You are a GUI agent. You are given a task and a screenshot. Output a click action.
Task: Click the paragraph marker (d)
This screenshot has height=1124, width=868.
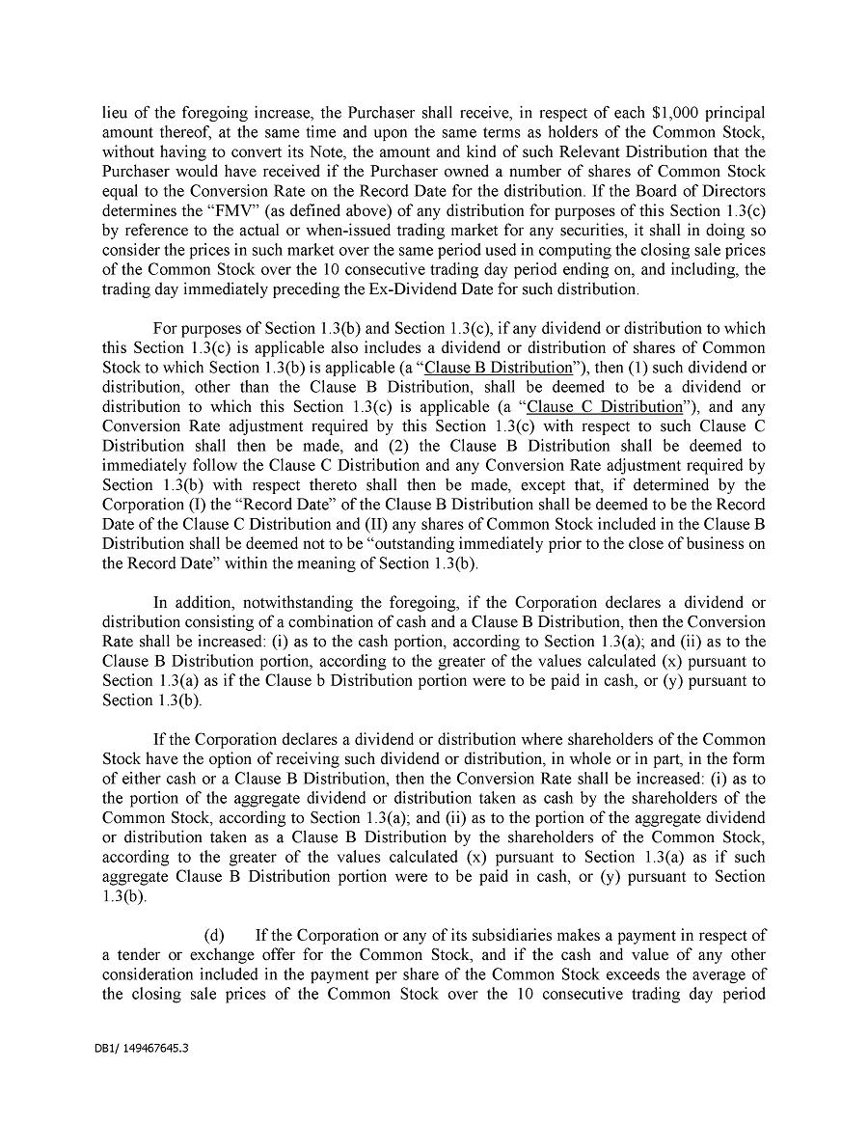(215, 935)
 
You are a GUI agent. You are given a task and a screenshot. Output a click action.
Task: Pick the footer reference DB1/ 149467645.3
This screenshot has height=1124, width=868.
(135, 1047)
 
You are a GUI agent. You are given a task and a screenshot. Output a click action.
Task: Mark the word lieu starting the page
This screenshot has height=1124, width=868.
(117, 112)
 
